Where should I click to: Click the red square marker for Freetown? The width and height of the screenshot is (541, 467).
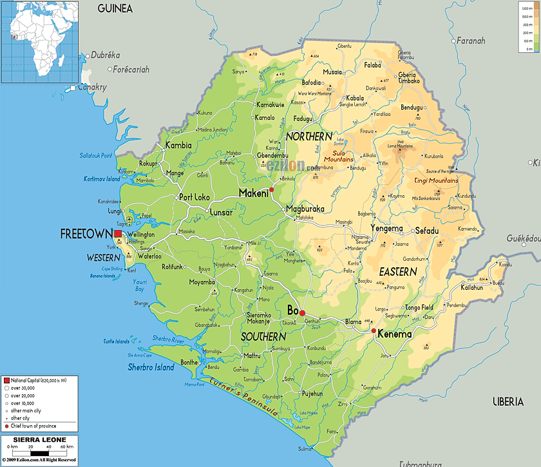118,234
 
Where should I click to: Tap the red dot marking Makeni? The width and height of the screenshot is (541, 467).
272,190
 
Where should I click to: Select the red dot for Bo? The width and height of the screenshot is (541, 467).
302,313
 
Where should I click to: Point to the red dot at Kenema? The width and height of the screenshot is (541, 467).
374,331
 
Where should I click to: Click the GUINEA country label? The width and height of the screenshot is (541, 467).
115,8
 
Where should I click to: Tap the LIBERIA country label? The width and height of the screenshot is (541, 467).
508,402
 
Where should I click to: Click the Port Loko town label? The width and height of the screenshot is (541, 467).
194,198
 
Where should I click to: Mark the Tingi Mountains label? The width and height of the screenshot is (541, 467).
436,181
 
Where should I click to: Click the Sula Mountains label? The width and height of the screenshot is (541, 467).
338,156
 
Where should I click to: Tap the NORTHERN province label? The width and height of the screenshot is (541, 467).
309,137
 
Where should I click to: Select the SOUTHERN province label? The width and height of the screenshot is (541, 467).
263,337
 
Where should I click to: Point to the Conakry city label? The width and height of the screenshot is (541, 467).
93,87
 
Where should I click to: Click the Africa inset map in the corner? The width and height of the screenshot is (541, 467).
39,42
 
